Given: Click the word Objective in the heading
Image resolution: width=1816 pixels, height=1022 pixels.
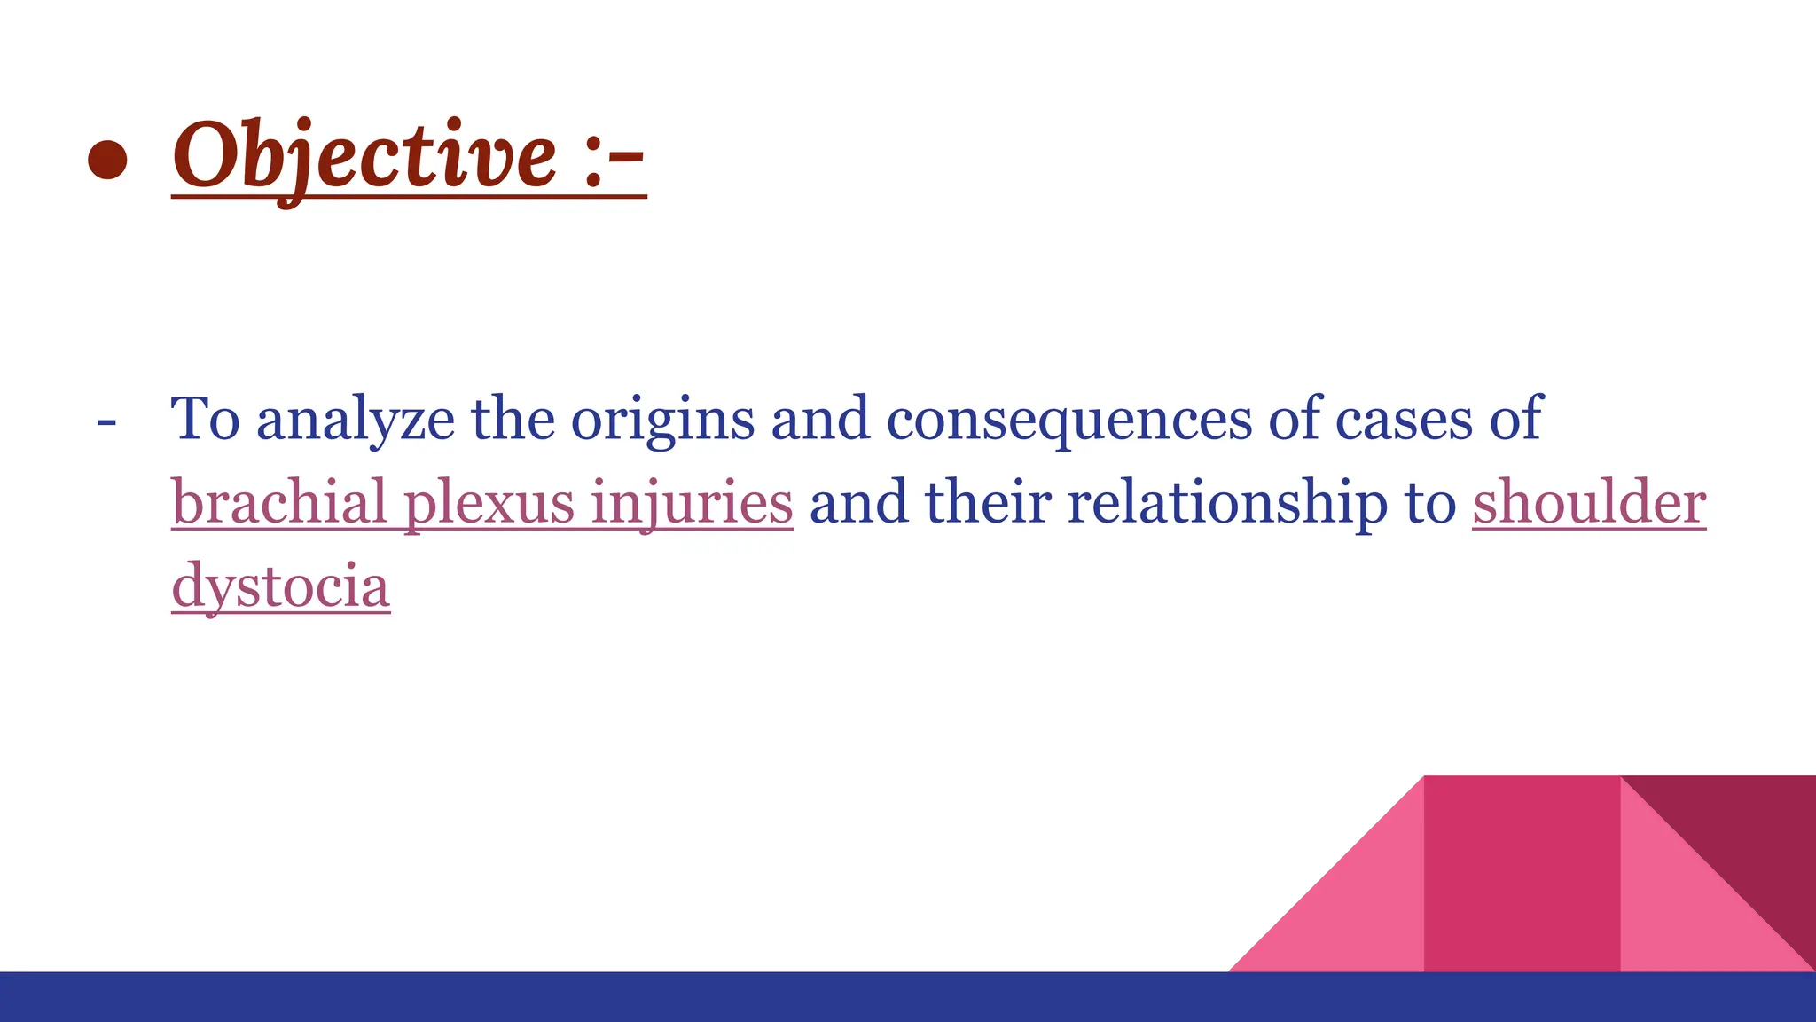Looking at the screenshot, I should [364, 156].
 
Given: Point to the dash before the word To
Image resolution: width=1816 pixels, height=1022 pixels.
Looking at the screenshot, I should [106, 421].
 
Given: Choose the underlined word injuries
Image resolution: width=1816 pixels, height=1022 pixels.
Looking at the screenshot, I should [692, 504].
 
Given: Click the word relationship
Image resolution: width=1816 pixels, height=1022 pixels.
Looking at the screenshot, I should [1227, 502].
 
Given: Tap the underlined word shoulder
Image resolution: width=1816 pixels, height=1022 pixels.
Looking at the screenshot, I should [1589, 502].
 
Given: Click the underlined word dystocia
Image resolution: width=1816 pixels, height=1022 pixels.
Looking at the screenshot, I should [280, 586].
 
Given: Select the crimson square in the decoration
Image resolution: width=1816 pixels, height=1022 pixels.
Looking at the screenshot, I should [1522, 874].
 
